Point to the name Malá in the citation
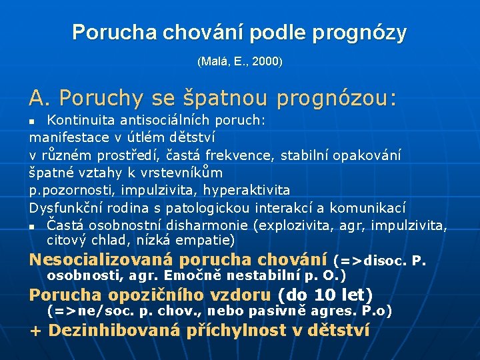(215, 62)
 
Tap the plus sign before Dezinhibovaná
(36, 331)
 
